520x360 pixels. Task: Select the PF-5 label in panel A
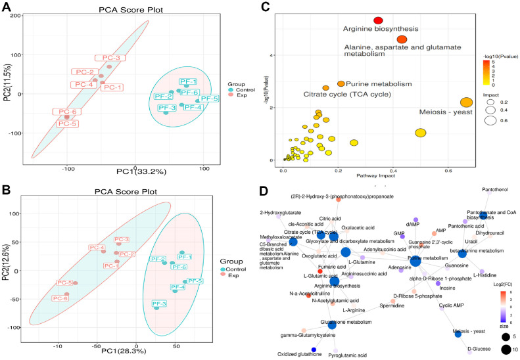pyautogui.click(x=210, y=99)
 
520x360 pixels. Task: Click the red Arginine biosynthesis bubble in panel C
pyautogui.click(x=378, y=21)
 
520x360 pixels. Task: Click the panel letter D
pyautogui.click(x=264, y=191)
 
